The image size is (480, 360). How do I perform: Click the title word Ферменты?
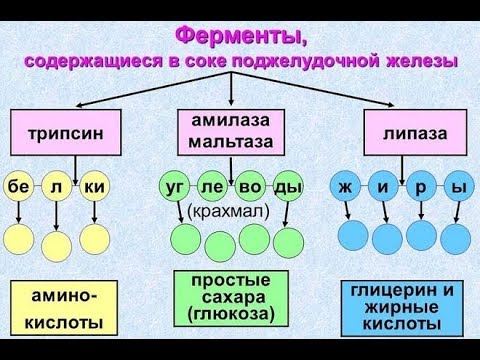point(241,37)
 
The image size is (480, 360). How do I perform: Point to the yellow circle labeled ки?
point(95,186)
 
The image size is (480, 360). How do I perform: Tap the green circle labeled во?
point(250,186)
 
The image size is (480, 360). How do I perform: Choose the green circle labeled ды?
point(288,186)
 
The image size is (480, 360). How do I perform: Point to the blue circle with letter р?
point(420,186)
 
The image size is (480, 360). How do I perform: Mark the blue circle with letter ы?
point(458,186)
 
